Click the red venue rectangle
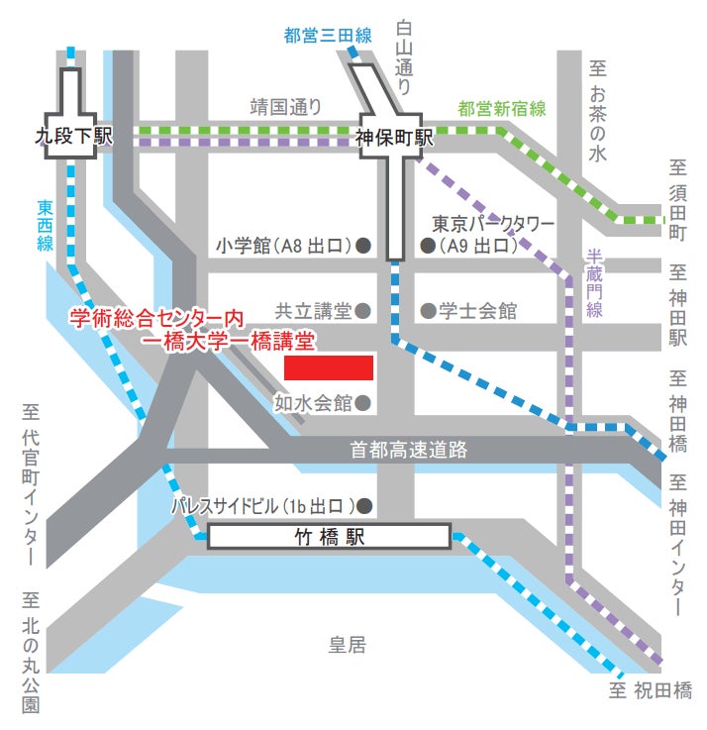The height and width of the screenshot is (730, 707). (329, 367)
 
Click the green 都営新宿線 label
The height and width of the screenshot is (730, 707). (501, 109)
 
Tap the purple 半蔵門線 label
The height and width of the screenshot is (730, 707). (594, 282)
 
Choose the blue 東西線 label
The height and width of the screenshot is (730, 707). (45, 226)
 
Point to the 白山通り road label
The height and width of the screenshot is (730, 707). (404, 57)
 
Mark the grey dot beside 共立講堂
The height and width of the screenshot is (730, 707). (363, 311)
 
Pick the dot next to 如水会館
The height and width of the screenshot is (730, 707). (363, 403)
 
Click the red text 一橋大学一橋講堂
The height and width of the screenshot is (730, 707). (228, 343)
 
